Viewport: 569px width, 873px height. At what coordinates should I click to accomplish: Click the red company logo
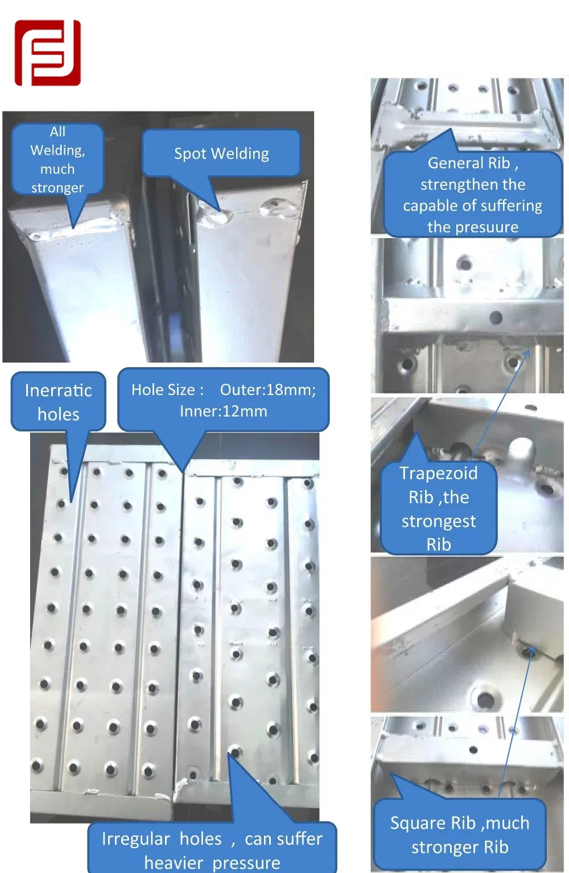[x=48, y=53]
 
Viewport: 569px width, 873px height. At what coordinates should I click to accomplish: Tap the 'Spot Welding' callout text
[x=221, y=153]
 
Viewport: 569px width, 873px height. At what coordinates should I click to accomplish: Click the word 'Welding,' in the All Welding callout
[x=58, y=151]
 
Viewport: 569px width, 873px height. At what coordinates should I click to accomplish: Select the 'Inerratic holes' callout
[x=58, y=402]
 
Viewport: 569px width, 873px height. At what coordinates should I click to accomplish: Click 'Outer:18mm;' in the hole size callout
[x=268, y=390]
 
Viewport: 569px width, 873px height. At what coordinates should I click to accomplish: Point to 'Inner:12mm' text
[x=224, y=411]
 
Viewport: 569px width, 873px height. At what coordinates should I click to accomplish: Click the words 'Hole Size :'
[x=167, y=390]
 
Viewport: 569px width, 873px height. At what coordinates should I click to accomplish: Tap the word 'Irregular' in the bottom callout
[x=136, y=839]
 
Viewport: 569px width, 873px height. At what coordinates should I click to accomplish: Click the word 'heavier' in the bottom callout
[x=174, y=863]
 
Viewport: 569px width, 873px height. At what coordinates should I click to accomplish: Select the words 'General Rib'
[x=469, y=163]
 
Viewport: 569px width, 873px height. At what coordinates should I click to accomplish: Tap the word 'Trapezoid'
[x=438, y=473]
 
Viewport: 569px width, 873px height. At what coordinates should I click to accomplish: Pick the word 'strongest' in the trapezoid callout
[x=439, y=521]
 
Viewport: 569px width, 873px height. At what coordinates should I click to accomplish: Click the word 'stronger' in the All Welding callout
[x=57, y=188]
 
